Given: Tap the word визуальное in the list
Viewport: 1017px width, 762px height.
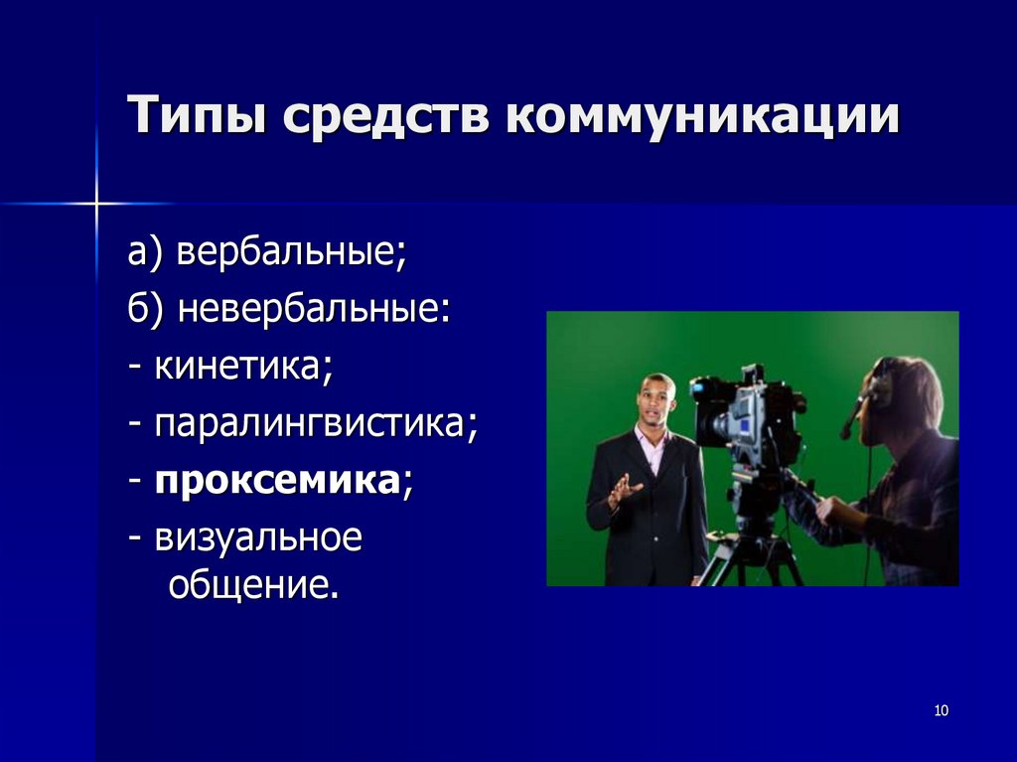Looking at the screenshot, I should click(x=259, y=540).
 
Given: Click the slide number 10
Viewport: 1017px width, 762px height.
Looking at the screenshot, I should click(x=942, y=710).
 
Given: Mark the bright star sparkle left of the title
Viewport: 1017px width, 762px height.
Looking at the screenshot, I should click(x=97, y=204).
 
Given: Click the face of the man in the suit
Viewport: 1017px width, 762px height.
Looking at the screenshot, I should click(x=655, y=402).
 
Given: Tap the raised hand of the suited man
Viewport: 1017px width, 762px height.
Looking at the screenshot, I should click(x=625, y=490).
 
